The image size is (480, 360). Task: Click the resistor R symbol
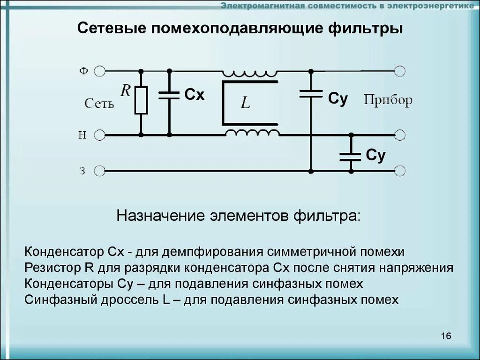(x=141, y=100)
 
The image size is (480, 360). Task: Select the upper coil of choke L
(x=250, y=73)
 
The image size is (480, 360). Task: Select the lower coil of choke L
(x=252, y=133)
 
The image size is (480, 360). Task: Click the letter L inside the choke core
(x=246, y=104)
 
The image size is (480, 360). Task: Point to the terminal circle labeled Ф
(x=100, y=71)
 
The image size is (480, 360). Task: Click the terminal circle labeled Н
(x=100, y=135)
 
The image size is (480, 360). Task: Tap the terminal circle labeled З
(x=100, y=171)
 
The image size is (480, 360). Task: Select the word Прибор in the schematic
(x=388, y=100)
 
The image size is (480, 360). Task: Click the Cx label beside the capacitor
(x=195, y=95)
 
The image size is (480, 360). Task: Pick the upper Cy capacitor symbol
(x=310, y=94)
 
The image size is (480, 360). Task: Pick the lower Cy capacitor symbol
(x=350, y=157)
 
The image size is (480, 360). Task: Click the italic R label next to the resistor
(x=125, y=90)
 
